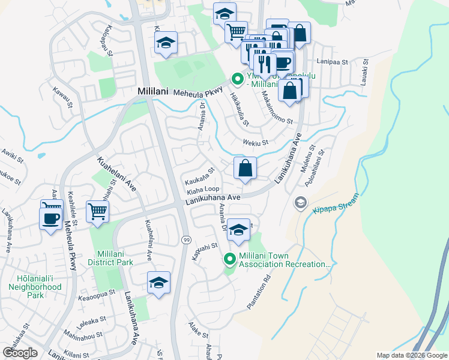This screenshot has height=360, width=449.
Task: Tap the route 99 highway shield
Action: coord(187,239)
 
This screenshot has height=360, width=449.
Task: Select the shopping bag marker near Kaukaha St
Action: coord(245,169)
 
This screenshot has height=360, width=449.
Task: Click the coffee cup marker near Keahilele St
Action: coord(50,217)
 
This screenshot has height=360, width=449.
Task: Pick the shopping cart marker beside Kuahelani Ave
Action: coord(97,211)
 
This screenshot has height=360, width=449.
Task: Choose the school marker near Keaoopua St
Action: coord(159,283)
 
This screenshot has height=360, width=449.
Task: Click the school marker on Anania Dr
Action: coord(238,230)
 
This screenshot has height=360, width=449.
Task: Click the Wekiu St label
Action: coord(255,142)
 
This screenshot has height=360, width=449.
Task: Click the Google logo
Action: coord(20,353)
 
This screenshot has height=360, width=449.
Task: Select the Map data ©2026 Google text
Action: coord(412,355)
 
